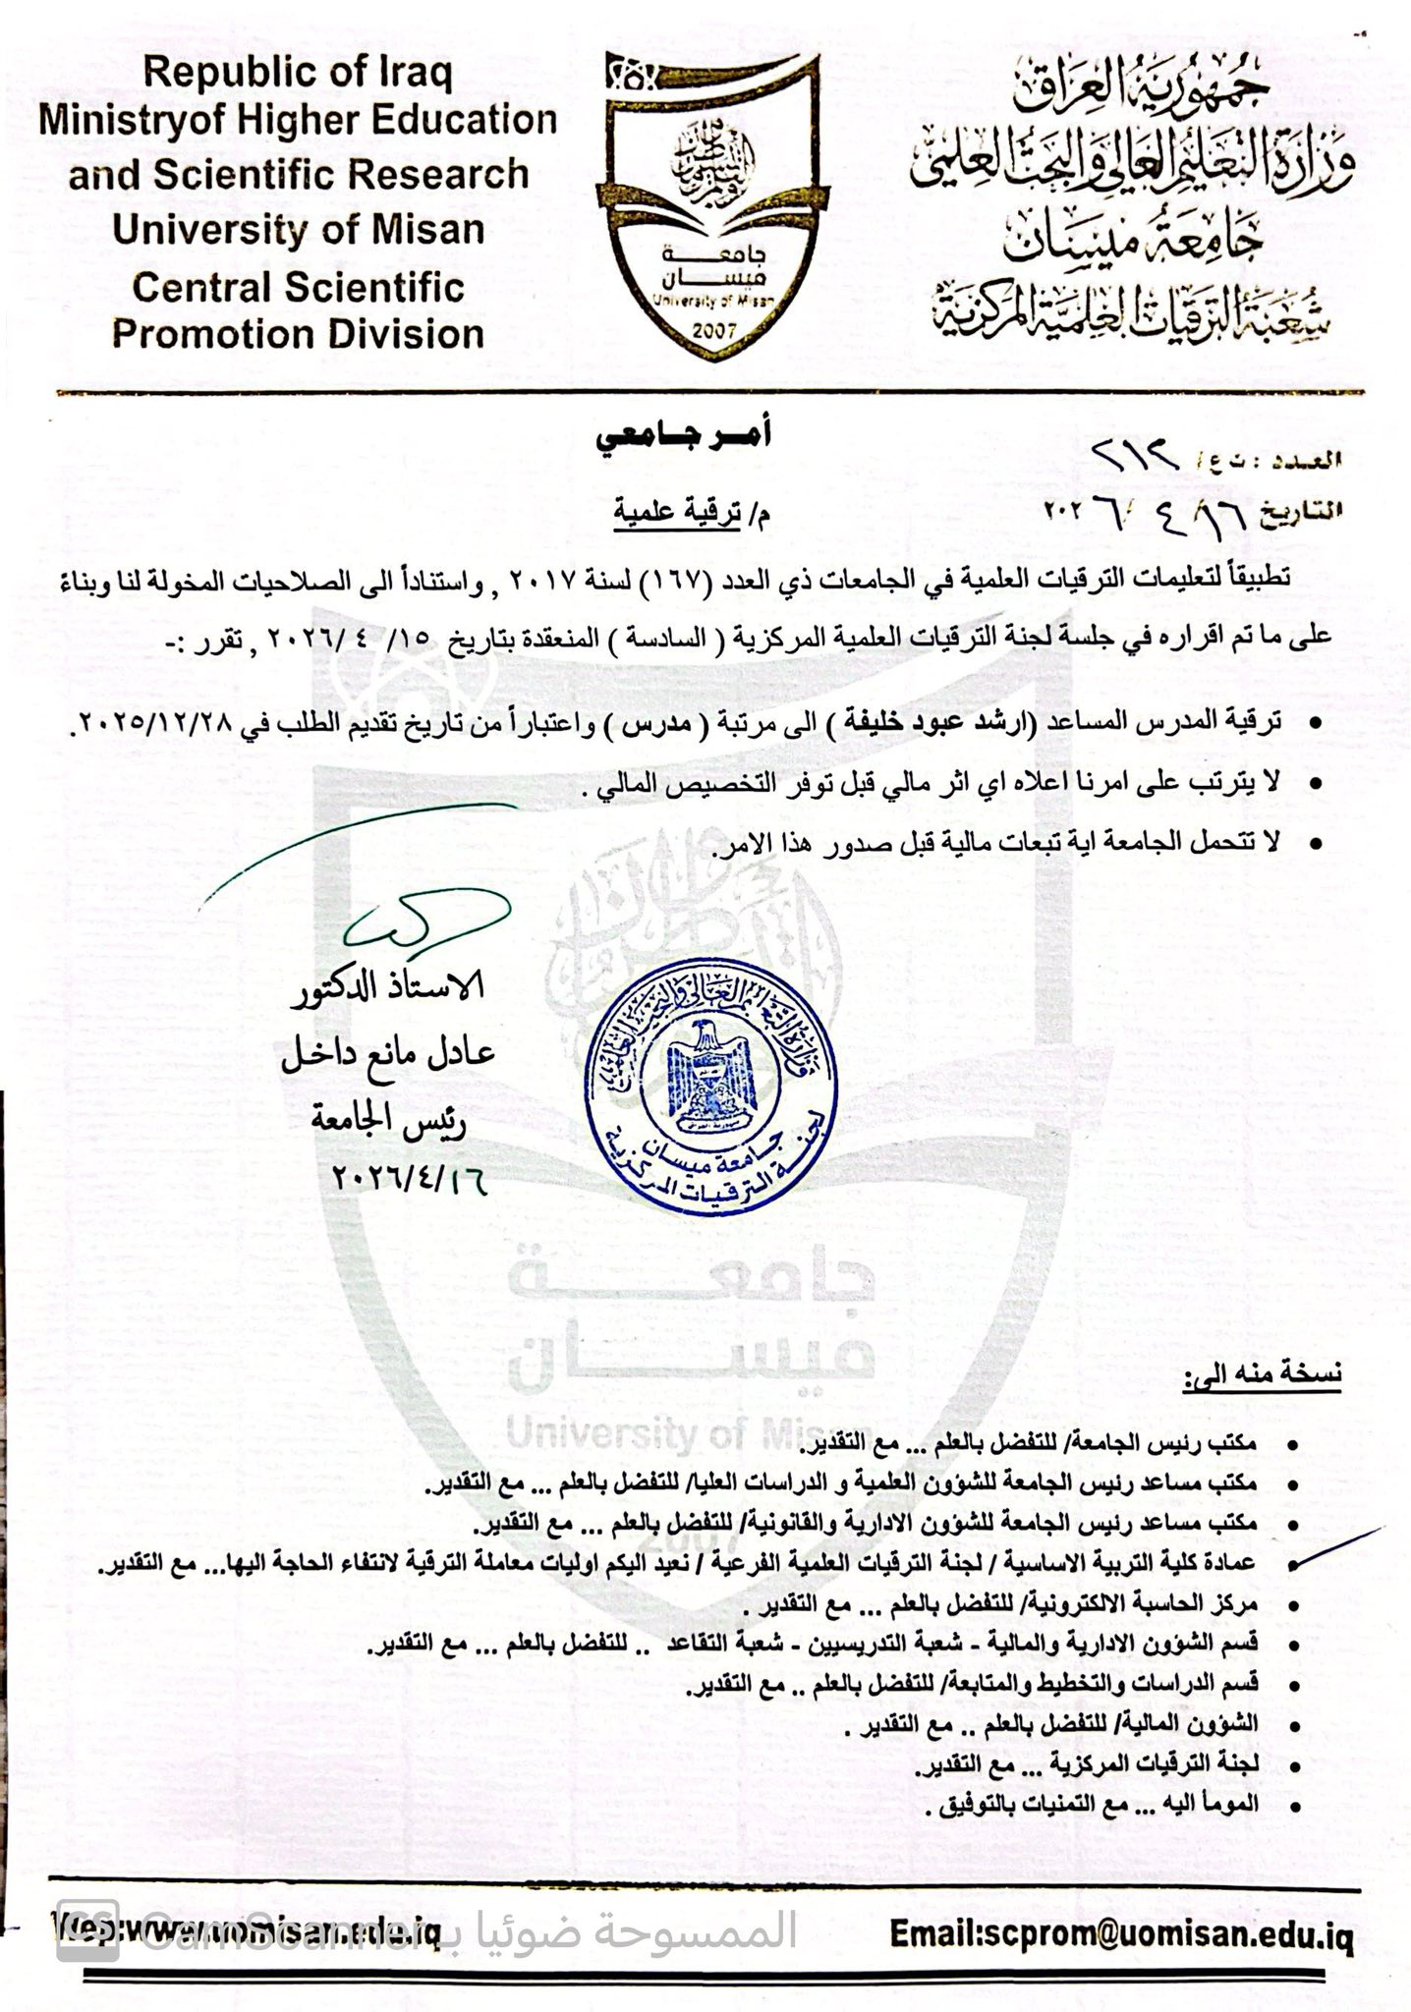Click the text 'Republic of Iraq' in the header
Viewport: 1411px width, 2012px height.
pos(297,74)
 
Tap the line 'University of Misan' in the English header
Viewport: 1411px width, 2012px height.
pos(298,230)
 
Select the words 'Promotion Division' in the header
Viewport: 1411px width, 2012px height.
pos(298,334)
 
